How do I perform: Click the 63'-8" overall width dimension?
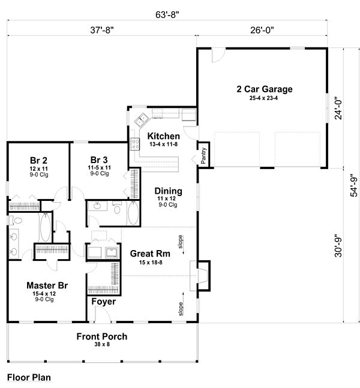click(167, 14)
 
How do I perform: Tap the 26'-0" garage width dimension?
click(262, 30)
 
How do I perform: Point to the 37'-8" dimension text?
click(102, 30)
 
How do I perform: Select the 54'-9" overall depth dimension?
click(353, 187)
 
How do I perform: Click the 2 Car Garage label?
click(265, 89)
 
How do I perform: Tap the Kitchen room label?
click(163, 136)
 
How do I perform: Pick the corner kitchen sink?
click(141, 119)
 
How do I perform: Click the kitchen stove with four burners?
click(135, 145)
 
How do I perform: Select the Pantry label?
click(203, 156)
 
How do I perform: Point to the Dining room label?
click(169, 191)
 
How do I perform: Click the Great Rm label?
click(150, 254)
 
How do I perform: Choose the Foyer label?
click(103, 302)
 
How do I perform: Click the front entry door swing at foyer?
click(103, 314)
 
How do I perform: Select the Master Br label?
click(47, 285)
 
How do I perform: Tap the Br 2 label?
click(38, 160)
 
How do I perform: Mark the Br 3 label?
click(99, 160)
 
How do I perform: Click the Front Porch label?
click(102, 336)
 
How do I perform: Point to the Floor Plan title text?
click(29, 378)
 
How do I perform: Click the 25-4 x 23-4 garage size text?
click(263, 98)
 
